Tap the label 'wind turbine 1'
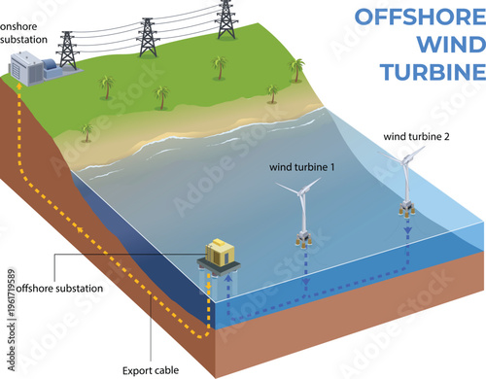pos(302,166)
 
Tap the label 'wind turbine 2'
pos(416,135)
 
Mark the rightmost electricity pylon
pos(226,17)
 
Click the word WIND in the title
pos(445,45)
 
